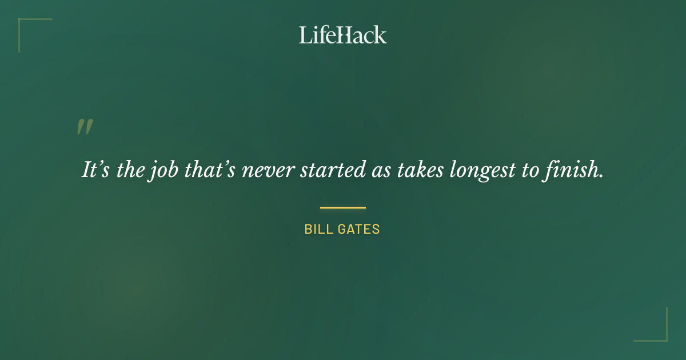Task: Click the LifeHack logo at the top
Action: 342,35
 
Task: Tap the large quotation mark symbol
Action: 85,127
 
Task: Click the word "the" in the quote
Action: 127,170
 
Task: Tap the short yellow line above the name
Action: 342,207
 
